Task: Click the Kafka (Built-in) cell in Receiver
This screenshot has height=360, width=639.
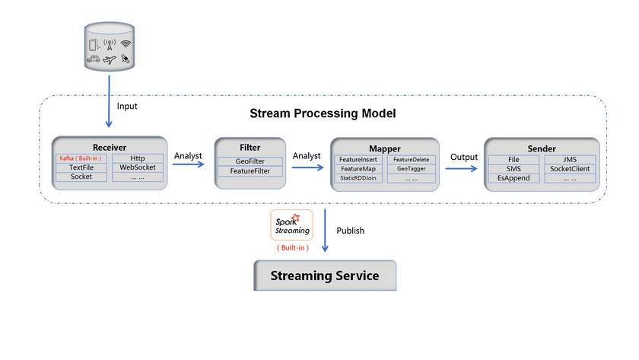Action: point(81,158)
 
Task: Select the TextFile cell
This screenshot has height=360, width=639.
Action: point(81,167)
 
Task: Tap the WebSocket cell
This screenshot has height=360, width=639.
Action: point(138,167)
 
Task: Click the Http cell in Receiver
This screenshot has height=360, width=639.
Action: point(138,158)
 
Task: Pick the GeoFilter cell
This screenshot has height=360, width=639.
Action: point(250,161)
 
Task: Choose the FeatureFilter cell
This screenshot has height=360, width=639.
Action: point(250,171)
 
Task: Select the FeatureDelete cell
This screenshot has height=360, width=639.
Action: point(412,159)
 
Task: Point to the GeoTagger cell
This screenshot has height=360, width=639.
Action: point(412,168)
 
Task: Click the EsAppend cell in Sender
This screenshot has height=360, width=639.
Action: point(513,178)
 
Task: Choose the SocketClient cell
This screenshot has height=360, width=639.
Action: point(570,168)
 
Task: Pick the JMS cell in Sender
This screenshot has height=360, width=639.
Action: point(570,159)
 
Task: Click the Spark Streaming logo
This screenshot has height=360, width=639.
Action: point(291,226)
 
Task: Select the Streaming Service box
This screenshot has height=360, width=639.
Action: point(325,276)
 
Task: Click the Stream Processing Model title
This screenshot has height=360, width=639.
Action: point(323,113)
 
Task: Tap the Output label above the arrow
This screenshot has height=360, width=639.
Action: point(463,156)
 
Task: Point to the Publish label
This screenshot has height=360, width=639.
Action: point(351,231)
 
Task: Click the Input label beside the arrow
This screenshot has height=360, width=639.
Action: point(127,106)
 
